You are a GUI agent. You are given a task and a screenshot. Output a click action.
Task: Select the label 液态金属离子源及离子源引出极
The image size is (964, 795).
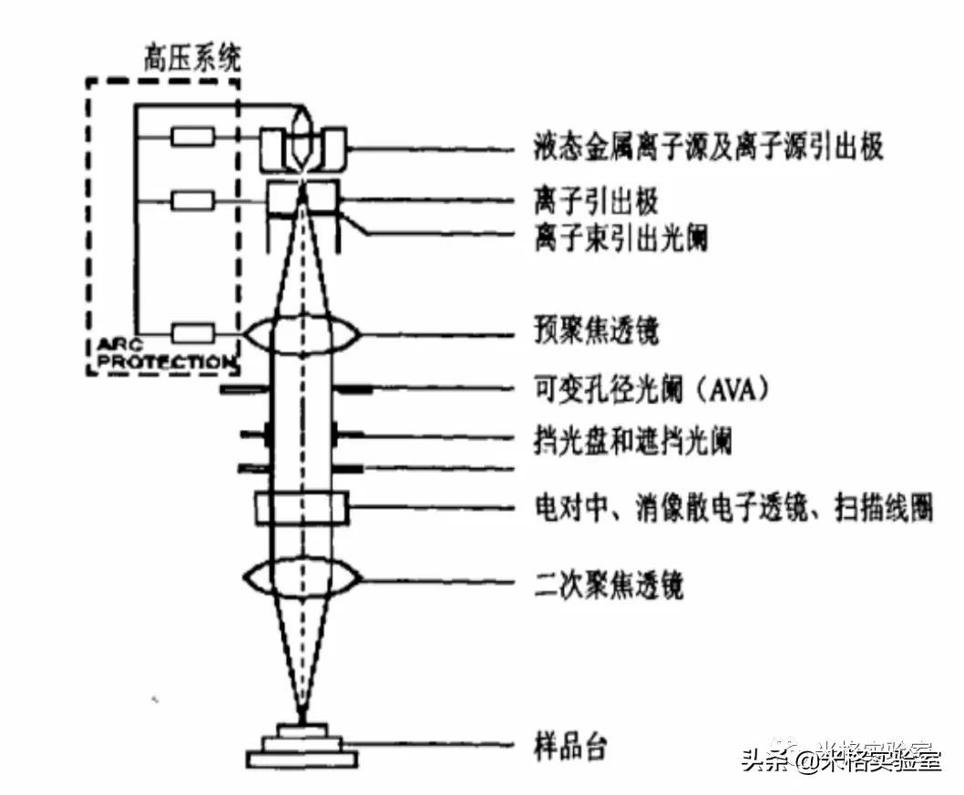point(708,148)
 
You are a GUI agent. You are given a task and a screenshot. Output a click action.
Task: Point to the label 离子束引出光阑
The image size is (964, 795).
point(620,239)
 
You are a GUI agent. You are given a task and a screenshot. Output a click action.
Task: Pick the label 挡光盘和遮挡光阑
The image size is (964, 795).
point(632,443)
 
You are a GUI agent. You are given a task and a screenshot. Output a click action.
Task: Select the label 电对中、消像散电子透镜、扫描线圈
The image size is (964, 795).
point(733,506)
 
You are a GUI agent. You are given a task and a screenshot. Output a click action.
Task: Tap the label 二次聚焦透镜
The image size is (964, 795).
point(608,584)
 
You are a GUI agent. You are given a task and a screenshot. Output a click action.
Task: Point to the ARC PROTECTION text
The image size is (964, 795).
point(160,354)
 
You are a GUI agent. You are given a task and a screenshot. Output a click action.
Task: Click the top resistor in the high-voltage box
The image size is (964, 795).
point(192,138)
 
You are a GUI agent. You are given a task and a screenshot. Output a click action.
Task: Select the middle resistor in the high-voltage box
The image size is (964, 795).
point(192,199)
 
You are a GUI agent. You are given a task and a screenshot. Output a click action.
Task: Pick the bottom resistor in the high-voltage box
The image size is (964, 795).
point(192,333)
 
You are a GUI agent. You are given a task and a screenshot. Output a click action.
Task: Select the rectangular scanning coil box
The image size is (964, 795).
point(302,507)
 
